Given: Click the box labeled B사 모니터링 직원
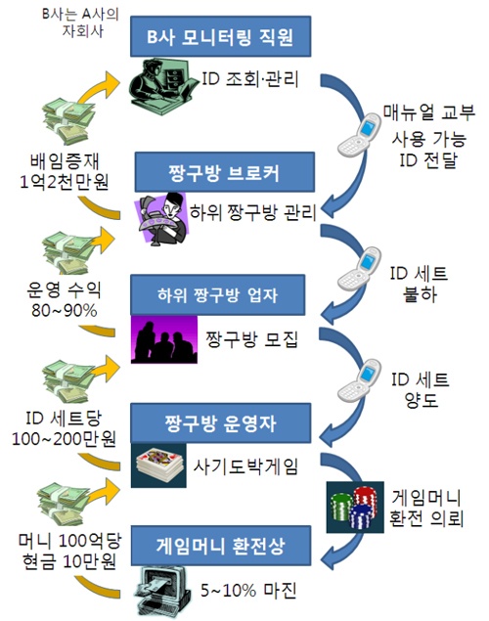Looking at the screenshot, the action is [221, 36].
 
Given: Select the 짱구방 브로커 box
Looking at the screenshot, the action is [225, 172].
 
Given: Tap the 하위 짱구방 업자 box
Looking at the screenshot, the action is [218, 295].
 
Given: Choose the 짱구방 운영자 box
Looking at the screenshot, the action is [221, 423].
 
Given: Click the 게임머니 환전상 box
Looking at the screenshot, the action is [221, 546].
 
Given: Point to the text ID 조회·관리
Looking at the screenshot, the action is [250, 79].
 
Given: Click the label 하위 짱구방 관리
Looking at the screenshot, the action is [252, 212].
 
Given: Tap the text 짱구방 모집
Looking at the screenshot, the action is [251, 339].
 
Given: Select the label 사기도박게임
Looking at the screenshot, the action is [245, 466].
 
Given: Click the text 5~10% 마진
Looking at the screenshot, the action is [248, 591].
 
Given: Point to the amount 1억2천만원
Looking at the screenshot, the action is [65, 182].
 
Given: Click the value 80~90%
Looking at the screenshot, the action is [65, 311].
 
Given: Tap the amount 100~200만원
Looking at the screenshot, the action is [64, 439].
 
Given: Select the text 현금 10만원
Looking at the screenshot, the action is [69, 561].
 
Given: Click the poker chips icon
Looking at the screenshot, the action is [355, 507].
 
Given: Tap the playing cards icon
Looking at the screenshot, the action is [158, 466].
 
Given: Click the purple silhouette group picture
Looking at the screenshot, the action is [164, 339].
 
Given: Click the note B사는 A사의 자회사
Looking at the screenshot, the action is [81, 22].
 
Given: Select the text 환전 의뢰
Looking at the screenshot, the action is [426, 518].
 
